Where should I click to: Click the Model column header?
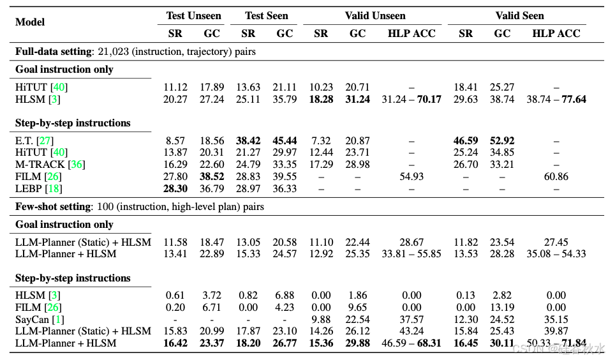[x=30, y=22]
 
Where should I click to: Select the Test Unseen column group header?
[x=193, y=15]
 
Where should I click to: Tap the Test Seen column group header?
[x=267, y=15]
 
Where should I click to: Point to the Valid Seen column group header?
[x=519, y=15]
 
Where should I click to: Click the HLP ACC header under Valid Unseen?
[x=412, y=34]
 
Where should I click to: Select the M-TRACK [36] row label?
[x=50, y=165]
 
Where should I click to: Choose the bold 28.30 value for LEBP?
[x=175, y=189]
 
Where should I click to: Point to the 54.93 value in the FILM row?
[x=412, y=177]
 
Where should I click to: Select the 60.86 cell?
[x=557, y=177]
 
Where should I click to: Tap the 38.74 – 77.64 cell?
[x=556, y=100]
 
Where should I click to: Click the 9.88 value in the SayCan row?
[x=321, y=319]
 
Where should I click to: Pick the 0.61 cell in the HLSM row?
[x=175, y=295]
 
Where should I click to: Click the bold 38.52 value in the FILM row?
[x=212, y=177]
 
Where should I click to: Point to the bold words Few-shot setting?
[x=52, y=207]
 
